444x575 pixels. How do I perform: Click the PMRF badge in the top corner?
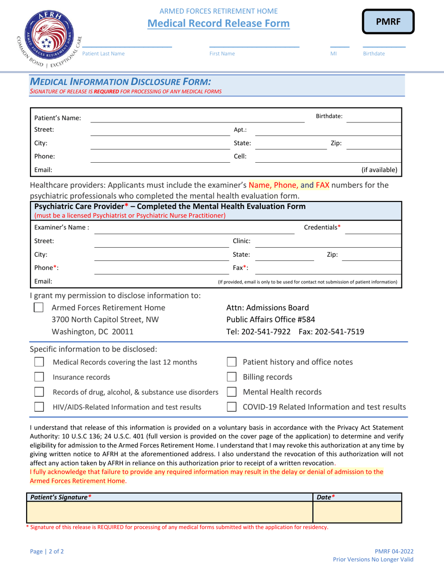pyautogui.click(x=388, y=22)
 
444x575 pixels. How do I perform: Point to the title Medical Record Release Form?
pyautogui.click(x=218, y=23)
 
